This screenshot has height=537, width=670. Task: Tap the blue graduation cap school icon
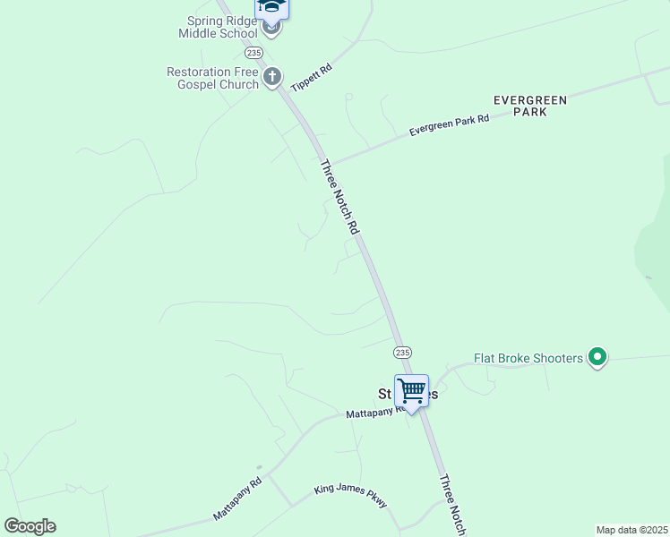point(272,7)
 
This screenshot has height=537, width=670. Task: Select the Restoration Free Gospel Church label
point(212,78)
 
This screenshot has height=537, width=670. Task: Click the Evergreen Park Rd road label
point(449,124)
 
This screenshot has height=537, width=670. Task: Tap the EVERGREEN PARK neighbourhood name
point(530,107)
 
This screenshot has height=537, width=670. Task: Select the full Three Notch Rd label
point(339,197)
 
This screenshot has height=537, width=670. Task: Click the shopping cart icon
point(411,391)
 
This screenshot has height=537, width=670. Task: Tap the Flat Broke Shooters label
point(528,359)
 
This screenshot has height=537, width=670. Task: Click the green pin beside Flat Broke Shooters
point(597,358)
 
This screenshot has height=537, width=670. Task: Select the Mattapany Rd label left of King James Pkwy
point(237,499)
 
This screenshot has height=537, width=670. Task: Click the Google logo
point(30,526)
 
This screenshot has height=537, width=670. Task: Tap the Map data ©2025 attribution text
point(631,530)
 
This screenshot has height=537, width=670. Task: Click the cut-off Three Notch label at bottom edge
point(451,506)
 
